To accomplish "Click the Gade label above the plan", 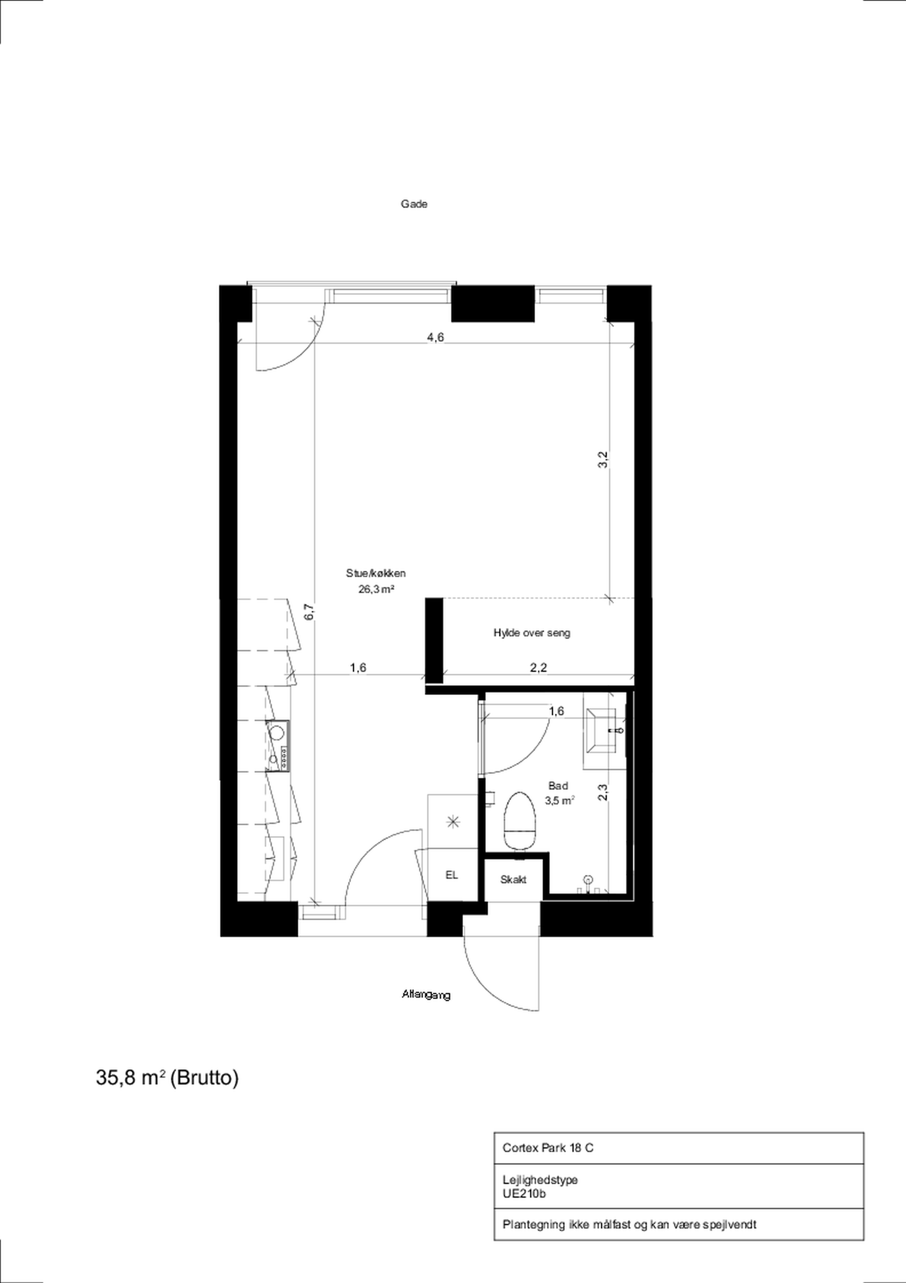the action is click(x=414, y=204).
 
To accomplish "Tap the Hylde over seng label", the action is click(x=532, y=633).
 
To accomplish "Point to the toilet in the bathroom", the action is click(x=520, y=823).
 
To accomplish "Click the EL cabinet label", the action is click(x=451, y=876).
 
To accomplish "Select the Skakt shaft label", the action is click(x=513, y=879).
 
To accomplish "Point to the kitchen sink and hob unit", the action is click(x=278, y=745).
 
